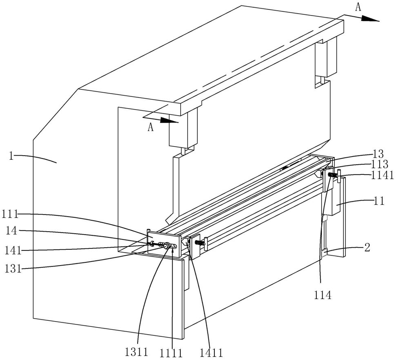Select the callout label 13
point(378,154)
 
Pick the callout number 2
point(367,248)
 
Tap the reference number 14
point(11,231)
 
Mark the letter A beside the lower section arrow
point(150,127)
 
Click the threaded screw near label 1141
point(331,175)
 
